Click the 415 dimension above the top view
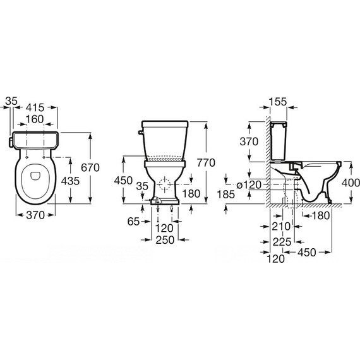pyautogui.click(x=35, y=107)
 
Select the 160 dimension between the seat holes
pyautogui.click(x=35, y=119)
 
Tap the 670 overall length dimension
pyautogui.click(x=90, y=167)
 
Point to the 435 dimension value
pyautogui.click(x=70, y=181)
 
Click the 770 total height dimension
pyautogui.click(x=206, y=163)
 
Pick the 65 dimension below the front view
pyautogui.click(x=133, y=222)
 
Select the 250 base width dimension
pyautogui.click(x=165, y=240)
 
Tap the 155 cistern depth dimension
pyautogui.click(x=278, y=102)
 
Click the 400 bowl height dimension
pyautogui.click(x=351, y=183)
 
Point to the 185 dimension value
pyautogui.click(x=226, y=195)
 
